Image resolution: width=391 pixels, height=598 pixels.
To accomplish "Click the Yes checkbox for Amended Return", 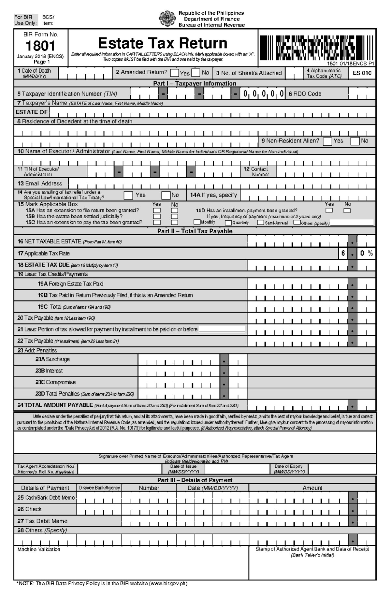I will pyautogui.click(x=175, y=73).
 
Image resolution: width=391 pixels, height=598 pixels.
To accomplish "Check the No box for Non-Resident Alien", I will pyautogui.click(x=355, y=141).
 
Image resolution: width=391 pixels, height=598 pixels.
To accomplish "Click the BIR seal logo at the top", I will pyautogui.click(x=166, y=19).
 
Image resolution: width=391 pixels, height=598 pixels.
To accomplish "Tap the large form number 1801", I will pyautogui.click(x=40, y=46).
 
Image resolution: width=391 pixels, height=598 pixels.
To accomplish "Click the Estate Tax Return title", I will pyautogui.click(x=163, y=43).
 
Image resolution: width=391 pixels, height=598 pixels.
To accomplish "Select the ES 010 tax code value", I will pyautogui.click(x=362, y=73).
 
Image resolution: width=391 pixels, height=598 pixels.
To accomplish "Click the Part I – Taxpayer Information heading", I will pyautogui.click(x=195, y=83).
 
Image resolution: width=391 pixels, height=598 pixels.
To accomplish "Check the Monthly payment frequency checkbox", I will pyautogui.click(x=197, y=222).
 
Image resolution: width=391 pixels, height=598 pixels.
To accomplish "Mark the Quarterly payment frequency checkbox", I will pyautogui.click(x=228, y=223).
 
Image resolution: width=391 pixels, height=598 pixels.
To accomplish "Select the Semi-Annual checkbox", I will pyautogui.click(x=260, y=222).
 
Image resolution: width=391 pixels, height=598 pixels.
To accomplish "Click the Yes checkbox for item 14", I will pyautogui.click(x=128, y=195).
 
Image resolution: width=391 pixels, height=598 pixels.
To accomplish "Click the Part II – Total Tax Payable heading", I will pyautogui.click(x=195, y=231).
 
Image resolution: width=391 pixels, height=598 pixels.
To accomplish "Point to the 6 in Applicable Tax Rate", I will pyautogui.click(x=343, y=253).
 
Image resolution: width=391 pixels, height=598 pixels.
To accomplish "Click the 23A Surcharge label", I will pyautogui.click(x=52, y=359).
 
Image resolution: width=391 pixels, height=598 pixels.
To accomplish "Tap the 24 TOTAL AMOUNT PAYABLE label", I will pyautogui.click(x=55, y=405).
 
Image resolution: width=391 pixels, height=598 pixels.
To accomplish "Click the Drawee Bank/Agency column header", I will pyautogui.click(x=99, y=488).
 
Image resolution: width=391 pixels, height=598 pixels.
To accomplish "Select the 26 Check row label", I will pyautogui.click(x=30, y=509).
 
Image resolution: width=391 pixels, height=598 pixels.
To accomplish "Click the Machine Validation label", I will pyautogui.click(x=39, y=549).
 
